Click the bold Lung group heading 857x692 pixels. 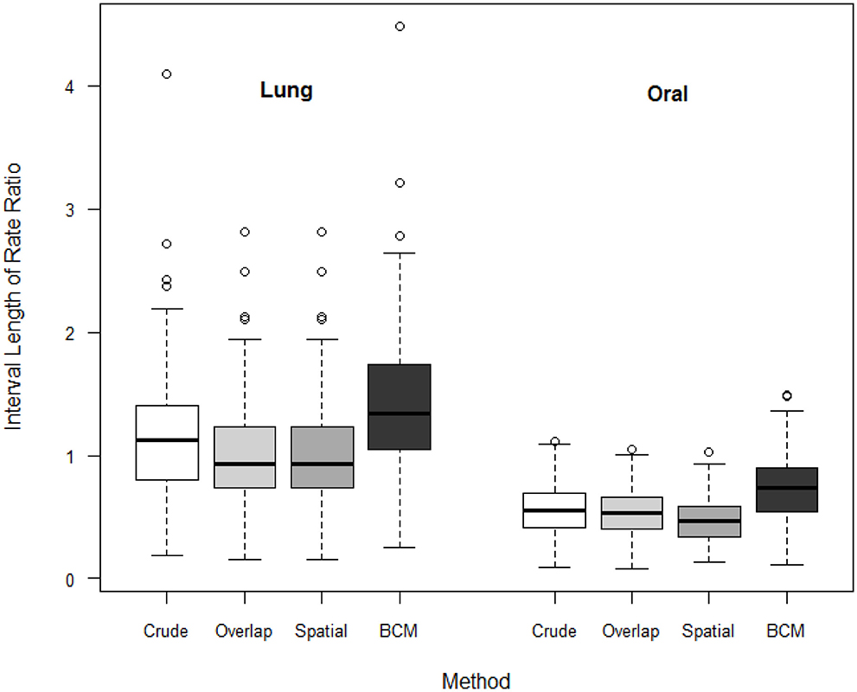[286, 91]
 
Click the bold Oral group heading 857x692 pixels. [668, 95]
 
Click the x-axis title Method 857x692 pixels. [476, 681]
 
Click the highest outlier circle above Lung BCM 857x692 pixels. [400, 27]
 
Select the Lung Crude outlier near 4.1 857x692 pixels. [166, 74]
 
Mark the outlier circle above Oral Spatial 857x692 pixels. [708, 452]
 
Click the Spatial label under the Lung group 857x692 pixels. [321, 631]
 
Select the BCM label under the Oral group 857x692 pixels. [786, 631]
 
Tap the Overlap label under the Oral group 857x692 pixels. [631, 631]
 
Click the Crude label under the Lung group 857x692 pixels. [166, 631]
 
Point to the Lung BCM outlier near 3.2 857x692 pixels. [400, 183]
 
